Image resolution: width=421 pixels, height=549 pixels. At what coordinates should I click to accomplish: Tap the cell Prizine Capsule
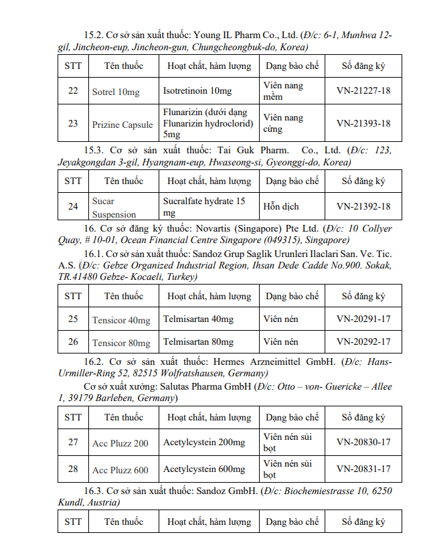(x=122, y=124)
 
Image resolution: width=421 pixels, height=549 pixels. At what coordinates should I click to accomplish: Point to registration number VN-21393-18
(x=363, y=123)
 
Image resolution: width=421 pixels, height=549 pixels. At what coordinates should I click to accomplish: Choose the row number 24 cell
(x=73, y=206)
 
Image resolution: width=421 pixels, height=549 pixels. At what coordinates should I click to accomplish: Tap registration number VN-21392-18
(x=363, y=206)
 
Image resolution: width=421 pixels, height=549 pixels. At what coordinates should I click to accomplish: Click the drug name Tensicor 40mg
(x=121, y=319)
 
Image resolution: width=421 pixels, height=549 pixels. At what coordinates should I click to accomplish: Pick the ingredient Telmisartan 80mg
(x=198, y=342)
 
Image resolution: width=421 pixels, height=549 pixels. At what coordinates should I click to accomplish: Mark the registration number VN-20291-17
(x=363, y=319)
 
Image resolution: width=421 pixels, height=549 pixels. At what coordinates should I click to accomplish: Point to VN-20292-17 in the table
(x=363, y=342)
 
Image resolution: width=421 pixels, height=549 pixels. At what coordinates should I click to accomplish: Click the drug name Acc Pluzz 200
(x=120, y=443)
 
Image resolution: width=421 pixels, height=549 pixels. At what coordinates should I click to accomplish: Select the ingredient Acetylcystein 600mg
(x=204, y=469)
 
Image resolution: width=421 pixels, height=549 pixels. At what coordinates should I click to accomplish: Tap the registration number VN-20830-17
(x=363, y=443)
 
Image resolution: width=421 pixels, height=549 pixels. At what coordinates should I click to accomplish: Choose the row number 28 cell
(x=73, y=469)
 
